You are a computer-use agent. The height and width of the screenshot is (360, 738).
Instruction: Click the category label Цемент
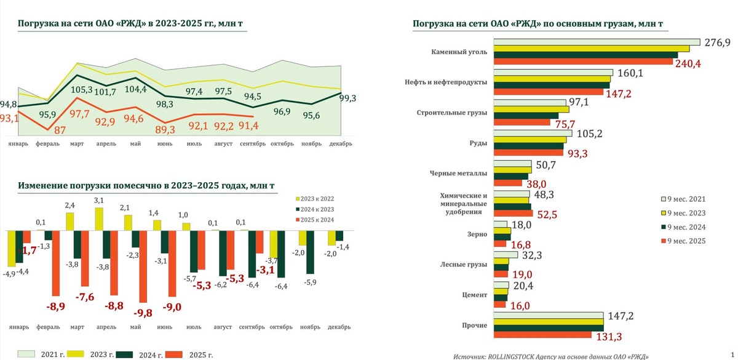(475, 295)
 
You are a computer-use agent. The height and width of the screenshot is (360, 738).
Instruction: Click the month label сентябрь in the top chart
(252, 144)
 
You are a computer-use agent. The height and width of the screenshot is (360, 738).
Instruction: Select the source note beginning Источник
(550, 356)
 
